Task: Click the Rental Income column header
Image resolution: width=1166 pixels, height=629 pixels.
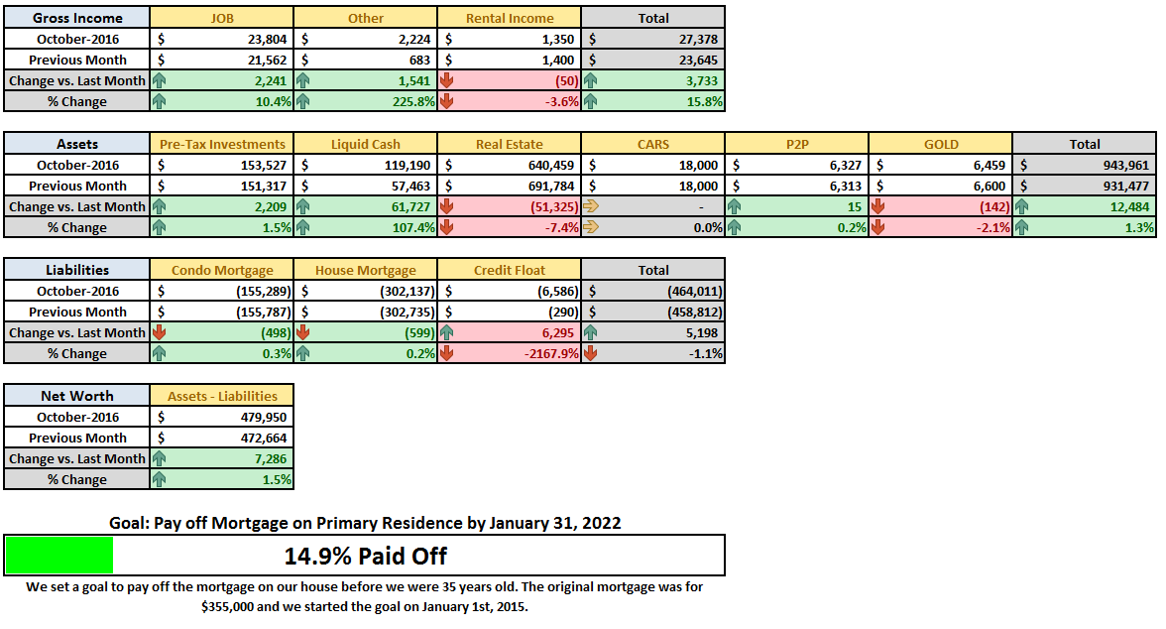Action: (x=510, y=18)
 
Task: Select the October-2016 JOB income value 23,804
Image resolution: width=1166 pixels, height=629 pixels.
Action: (x=267, y=39)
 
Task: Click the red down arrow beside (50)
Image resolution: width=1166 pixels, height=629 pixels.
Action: (x=446, y=80)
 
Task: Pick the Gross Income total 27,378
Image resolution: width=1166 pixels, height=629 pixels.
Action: (x=698, y=39)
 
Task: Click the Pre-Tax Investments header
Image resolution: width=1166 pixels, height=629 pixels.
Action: (x=222, y=144)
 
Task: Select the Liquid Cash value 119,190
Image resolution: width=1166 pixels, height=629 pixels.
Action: (x=408, y=165)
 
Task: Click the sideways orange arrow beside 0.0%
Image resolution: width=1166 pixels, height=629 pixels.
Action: (x=591, y=227)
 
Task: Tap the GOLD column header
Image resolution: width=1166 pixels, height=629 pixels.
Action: (x=941, y=144)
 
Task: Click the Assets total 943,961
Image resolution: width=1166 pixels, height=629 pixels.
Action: (x=1126, y=165)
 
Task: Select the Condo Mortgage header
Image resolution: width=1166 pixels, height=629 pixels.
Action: (x=222, y=270)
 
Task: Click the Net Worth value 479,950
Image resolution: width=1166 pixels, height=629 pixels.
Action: (x=264, y=417)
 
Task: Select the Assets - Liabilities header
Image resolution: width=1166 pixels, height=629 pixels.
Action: (x=222, y=396)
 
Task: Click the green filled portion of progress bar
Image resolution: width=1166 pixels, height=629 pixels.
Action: (x=59, y=556)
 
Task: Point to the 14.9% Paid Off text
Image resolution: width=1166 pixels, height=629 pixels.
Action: (x=365, y=556)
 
